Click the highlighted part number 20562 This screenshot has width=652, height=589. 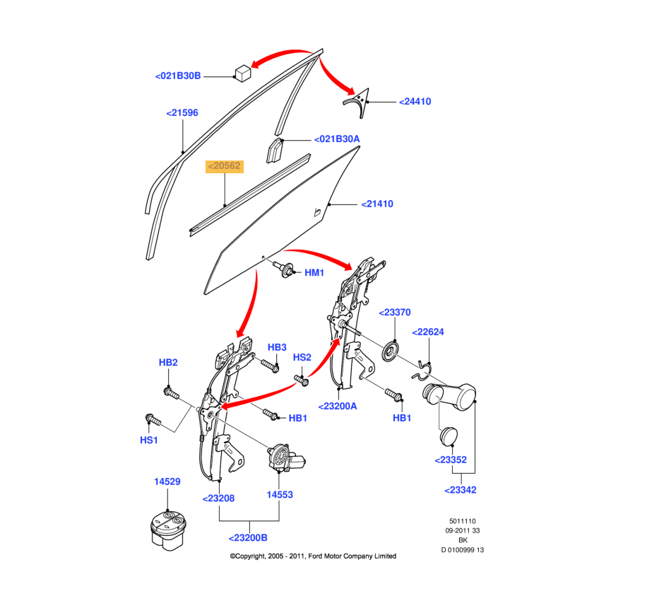tap(224, 167)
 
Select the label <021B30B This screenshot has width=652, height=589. tap(178, 76)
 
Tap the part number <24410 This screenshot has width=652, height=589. tap(415, 102)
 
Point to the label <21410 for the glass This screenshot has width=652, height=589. tap(377, 204)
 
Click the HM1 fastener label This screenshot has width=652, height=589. tap(314, 273)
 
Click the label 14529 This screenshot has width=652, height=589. tap(167, 482)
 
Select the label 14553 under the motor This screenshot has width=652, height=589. tap(280, 496)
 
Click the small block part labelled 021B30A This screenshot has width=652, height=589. tap(275, 151)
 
